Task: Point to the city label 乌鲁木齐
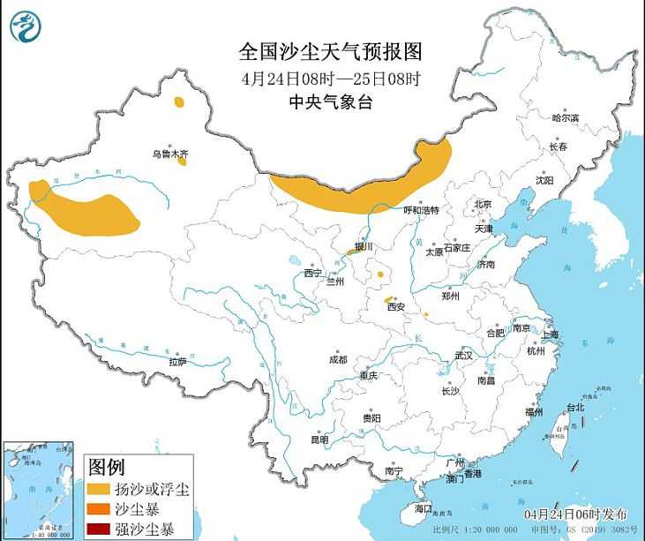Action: pyautogui.click(x=169, y=154)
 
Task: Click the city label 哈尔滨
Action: pyautogui.click(x=565, y=117)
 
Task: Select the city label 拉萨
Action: pyautogui.click(x=177, y=361)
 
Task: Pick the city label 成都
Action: pyautogui.click(x=337, y=359)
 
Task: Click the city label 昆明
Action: pyautogui.click(x=319, y=439)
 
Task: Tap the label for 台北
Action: pyautogui.click(x=574, y=408)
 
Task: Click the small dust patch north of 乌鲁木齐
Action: pyautogui.click(x=180, y=103)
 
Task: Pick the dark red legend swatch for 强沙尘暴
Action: pyautogui.click(x=99, y=530)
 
